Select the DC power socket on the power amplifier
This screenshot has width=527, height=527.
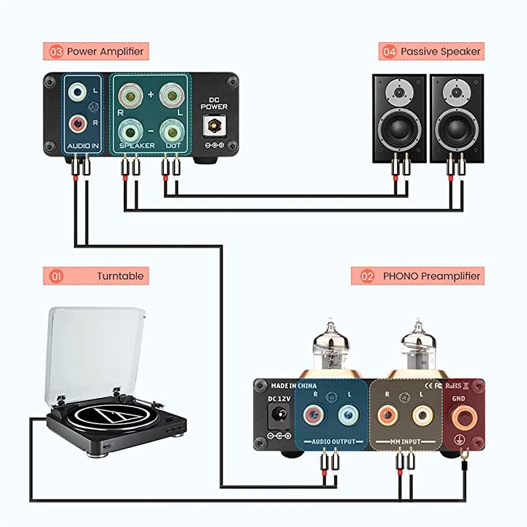(213, 124)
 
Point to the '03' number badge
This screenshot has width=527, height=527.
(55, 51)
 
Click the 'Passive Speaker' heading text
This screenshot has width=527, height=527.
(441, 51)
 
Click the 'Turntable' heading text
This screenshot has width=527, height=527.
(119, 276)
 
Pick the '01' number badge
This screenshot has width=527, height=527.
(55, 276)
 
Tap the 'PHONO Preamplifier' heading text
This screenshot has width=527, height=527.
(431, 276)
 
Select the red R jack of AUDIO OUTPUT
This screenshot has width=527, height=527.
(312, 415)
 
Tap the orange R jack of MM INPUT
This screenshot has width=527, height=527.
(389, 415)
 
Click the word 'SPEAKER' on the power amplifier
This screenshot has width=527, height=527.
(137, 145)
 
